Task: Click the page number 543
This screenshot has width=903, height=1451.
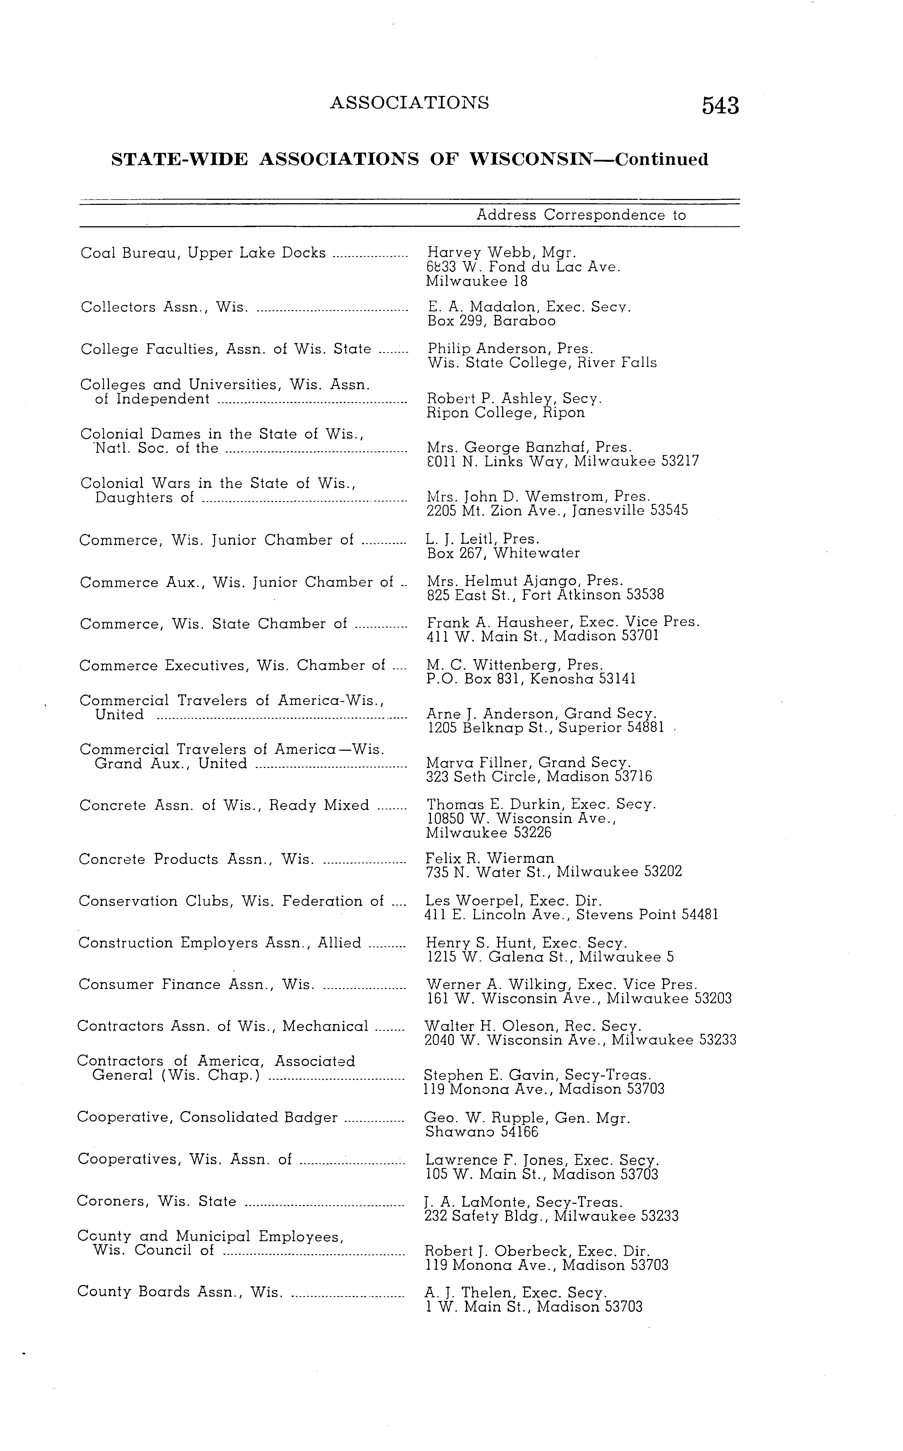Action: (x=720, y=106)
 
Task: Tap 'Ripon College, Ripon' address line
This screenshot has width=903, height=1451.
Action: (x=506, y=413)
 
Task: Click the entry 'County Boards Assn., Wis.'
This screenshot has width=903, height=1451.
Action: (x=179, y=1292)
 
